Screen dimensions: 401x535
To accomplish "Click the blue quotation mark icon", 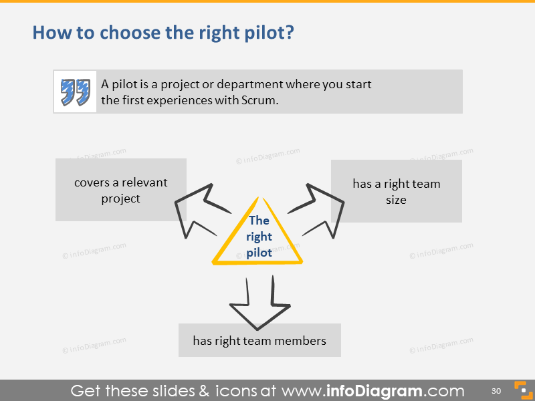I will click(75, 92).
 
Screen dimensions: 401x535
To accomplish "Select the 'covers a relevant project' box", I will click(120, 190).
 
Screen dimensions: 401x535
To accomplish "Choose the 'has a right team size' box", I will click(396, 191).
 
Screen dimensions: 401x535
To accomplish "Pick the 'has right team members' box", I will click(259, 340).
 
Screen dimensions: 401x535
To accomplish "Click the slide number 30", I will click(496, 390).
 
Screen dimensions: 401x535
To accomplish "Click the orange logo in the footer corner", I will click(521, 390).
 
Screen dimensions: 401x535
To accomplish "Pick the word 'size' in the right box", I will click(396, 199).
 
